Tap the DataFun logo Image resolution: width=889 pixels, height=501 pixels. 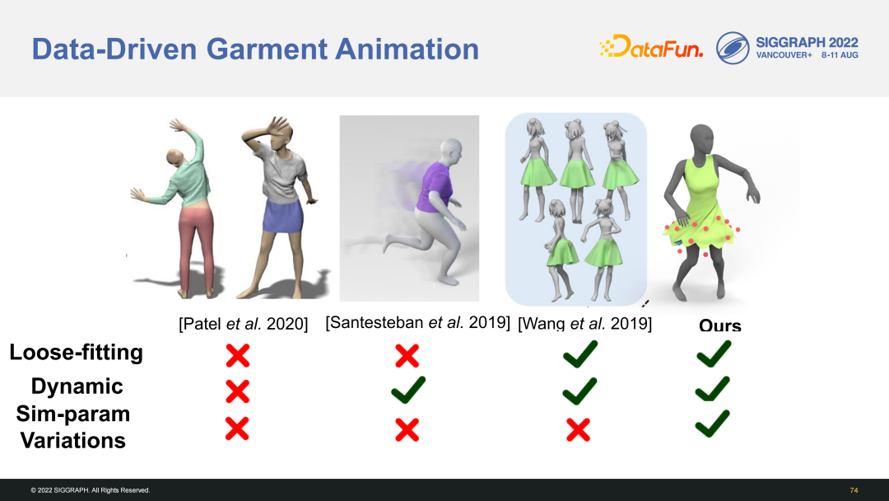point(651,46)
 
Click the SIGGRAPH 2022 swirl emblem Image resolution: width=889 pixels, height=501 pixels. point(732,48)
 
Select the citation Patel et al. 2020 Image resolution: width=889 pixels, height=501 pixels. point(243,323)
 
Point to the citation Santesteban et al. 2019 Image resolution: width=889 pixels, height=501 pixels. point(418,322)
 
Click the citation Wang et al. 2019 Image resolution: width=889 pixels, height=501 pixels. point(584,323)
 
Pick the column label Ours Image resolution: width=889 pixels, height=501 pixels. point(720,325)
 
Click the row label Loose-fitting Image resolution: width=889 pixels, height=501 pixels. point(76,353)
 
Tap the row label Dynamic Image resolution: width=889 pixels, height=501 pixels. point(77,386)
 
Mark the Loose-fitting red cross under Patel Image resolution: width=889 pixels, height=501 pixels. point(238,356)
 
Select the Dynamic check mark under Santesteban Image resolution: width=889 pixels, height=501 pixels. point(408,390)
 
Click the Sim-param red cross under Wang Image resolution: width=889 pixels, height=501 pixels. point(579,429)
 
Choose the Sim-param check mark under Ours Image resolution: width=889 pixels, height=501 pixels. point(713,424)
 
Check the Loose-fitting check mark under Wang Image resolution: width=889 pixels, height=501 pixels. point(580,354)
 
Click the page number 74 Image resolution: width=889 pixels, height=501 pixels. point(854,490)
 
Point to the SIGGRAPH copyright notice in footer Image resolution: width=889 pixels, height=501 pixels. point(91,490)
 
